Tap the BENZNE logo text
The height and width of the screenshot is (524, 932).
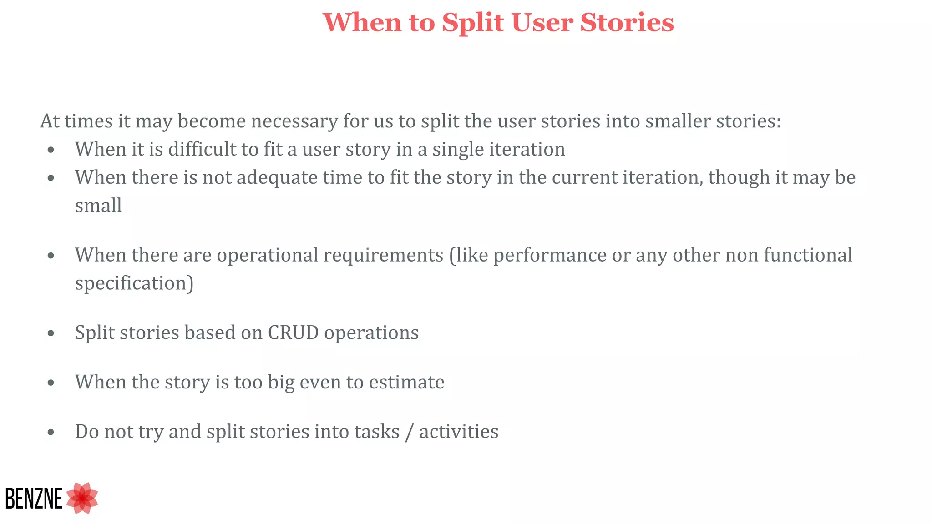(x=33, y=499)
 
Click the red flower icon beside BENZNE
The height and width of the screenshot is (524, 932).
(x=82, y=498)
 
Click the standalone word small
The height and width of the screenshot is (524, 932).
(x=98, y=206)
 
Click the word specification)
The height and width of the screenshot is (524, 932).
(x=134, y=283)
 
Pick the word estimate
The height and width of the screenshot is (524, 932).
(x=406, y=382)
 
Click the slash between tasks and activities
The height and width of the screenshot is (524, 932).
(x=409, y=432)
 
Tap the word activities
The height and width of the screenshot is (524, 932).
(x=459, y=432)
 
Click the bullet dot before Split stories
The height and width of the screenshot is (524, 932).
(x=51, y=333)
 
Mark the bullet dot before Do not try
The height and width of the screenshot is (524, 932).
(x=51, y=433)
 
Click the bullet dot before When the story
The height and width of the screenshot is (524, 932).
(x=51, y=383)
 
